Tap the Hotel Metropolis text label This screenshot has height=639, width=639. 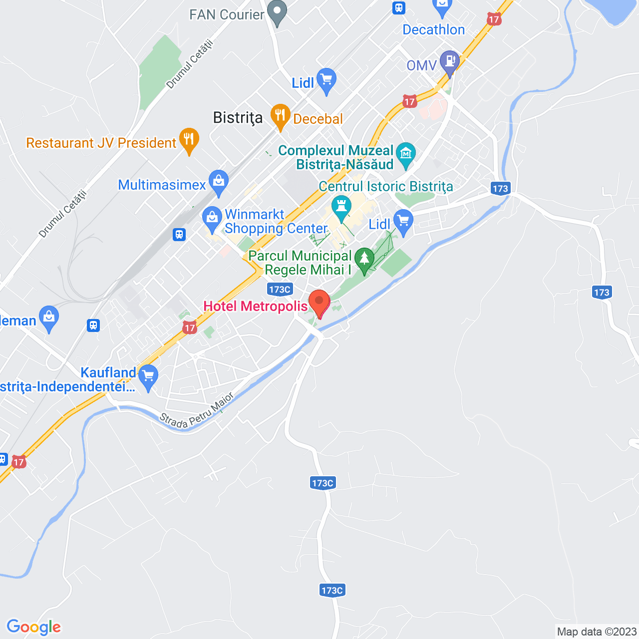[x=255, y=306]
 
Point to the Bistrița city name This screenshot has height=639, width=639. [x=238, y=118]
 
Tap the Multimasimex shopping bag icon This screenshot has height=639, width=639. [x=219, y=182]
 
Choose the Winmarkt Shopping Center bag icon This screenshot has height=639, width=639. [x=212, y=218]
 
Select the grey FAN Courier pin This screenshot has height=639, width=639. [x=277, y=11]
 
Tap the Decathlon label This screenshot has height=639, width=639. [x=433, y=30]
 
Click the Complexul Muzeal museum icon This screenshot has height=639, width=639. [x=406, y=153]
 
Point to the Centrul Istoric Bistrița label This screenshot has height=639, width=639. [x=386, y=187]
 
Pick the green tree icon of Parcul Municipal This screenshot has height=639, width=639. [x=364, y=259]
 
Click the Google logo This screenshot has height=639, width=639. [x=34, y=627]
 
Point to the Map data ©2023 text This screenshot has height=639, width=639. [x=597, y=632]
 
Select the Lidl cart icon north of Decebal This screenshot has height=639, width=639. [x=326, y=80]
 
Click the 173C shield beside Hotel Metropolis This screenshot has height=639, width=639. [x=280, y=290]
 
